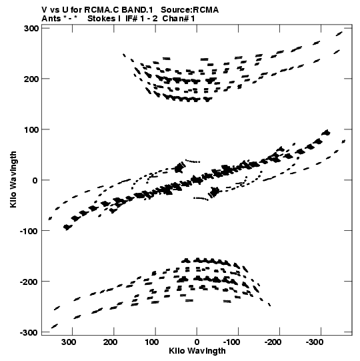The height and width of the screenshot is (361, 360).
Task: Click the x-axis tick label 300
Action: tap(69, 342)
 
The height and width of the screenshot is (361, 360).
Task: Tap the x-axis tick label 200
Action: tap(110, 342)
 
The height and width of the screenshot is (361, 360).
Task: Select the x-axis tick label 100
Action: tap(151, 342)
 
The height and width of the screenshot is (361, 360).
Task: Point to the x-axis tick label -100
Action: tap(231, 342)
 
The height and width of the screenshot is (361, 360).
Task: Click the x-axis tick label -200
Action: tap(273, 342)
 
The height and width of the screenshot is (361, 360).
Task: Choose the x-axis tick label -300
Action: tap(315, 342)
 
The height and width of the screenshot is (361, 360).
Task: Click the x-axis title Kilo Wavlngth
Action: tap(197, 351)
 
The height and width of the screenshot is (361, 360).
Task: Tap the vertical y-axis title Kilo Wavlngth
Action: tap(13, 179)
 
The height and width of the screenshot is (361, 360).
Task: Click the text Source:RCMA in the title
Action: tap(189, 10)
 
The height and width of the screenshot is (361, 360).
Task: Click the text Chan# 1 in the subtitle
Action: tap(179, 19)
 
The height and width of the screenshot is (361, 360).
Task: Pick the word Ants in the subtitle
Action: tap(51, 19)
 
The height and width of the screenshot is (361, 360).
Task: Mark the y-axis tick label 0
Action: tap(35, 180)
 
